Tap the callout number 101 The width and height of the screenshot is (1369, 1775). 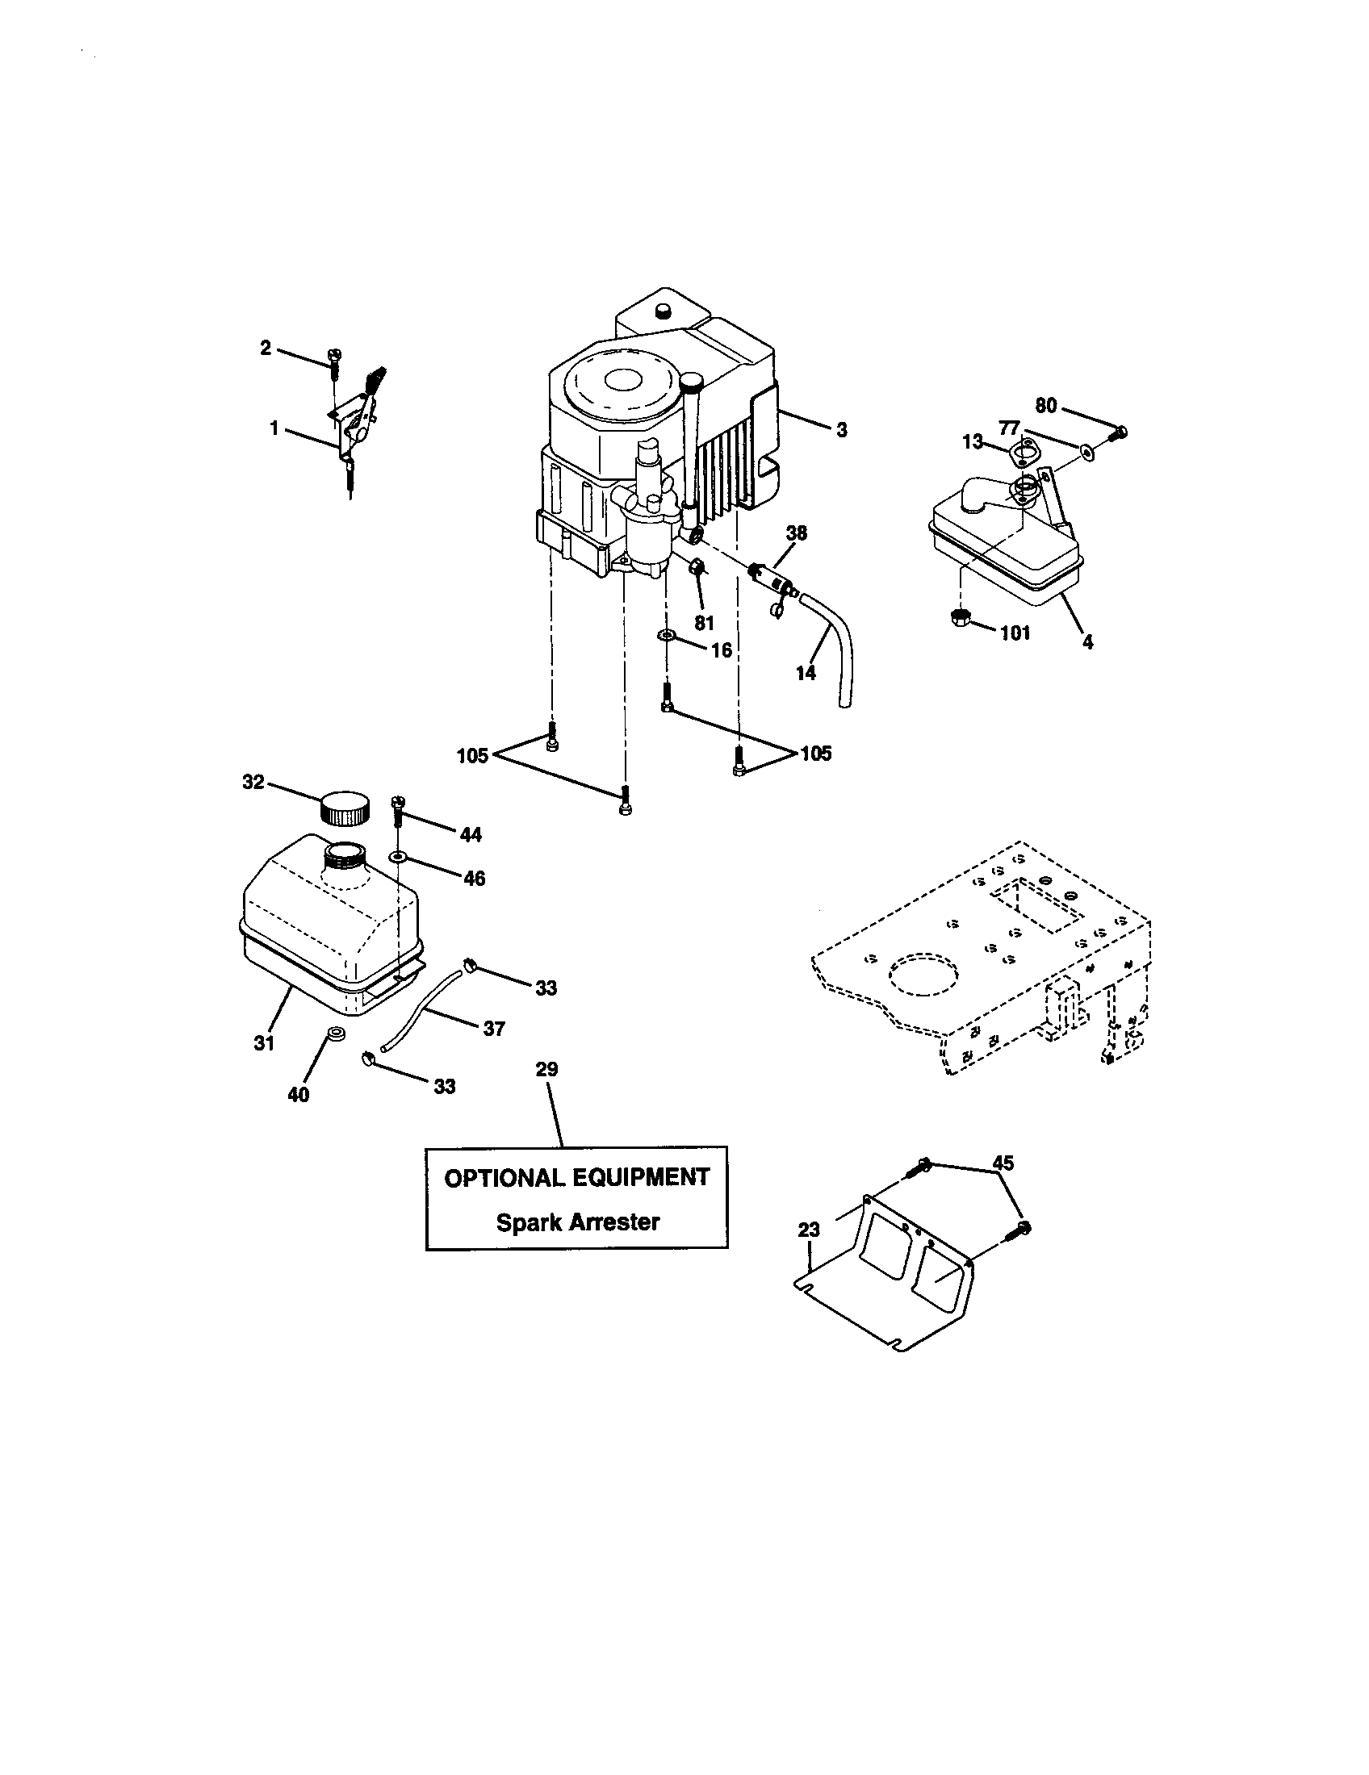1015,633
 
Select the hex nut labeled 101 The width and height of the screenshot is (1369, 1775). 959,617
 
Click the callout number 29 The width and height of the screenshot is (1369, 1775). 547,1069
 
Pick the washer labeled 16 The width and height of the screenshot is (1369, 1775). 667,633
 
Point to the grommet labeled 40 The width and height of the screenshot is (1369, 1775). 334,1034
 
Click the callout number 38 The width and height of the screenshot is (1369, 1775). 797,533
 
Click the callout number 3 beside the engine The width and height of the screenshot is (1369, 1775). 841,430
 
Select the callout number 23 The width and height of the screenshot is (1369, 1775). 809,1230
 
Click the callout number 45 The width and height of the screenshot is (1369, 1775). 1003,1163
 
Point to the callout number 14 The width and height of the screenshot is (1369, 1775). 806,673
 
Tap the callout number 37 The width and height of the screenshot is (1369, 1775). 494,1028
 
